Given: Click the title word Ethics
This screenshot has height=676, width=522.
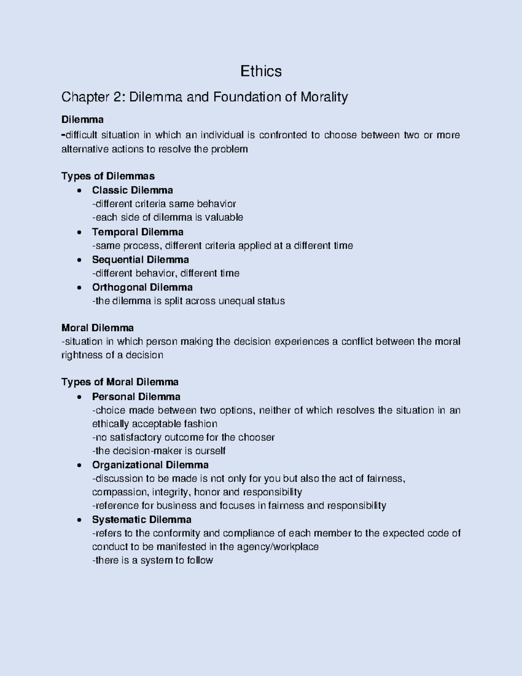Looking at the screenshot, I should [261, 71].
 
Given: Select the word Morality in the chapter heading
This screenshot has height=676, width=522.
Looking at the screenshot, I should [324, 97].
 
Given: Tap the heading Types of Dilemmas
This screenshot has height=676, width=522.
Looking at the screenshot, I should [108, 176].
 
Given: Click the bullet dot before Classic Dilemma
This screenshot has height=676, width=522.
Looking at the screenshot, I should [79, 190].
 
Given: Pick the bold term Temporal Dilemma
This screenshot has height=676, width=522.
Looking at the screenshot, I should [137, 232].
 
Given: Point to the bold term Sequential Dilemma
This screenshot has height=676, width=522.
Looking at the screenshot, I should [140, 259].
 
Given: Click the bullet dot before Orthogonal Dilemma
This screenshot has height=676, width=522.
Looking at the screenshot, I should [79, 287].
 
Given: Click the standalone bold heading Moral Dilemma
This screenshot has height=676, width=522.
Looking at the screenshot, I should [97, 327].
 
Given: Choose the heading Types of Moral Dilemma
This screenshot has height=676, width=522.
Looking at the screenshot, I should [120, 382].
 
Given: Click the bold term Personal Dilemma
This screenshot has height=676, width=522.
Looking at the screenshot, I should [136, 397].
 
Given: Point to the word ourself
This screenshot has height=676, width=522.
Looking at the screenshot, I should [210, 451].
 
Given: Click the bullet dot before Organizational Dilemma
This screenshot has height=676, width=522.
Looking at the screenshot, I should [79, 465].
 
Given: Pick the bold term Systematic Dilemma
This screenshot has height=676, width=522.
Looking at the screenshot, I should [141, 519].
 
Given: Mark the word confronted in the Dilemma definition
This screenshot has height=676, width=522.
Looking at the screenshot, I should [283, 135].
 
